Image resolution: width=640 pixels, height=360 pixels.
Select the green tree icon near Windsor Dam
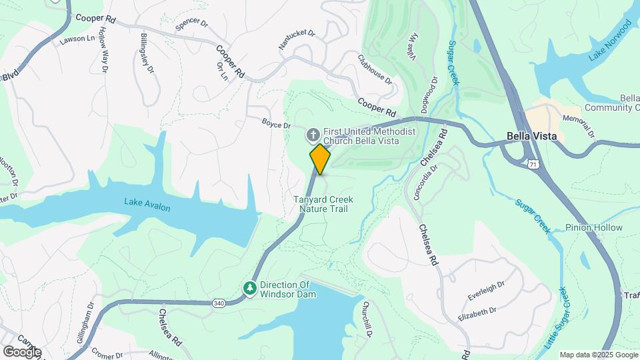coord(251,289)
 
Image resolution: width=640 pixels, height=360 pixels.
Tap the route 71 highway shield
coord(531,164)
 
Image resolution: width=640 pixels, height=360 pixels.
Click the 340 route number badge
coord(219,303)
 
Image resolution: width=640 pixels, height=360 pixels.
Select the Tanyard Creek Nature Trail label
coord(323,204)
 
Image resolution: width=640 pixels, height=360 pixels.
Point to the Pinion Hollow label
coord(593,228)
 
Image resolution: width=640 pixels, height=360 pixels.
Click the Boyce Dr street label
coord(276,125)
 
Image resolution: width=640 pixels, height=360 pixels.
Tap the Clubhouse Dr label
coord(375,69)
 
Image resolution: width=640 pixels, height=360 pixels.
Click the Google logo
coord(22,351)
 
